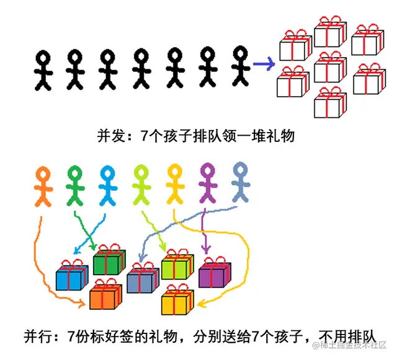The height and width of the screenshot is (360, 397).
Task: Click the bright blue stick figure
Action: pyautogui.click(x=108, y=185)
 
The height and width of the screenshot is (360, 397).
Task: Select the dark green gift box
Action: pyautogui.click(x=109, y=262)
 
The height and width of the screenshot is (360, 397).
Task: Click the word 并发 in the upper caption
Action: pyautogui.click(x=111, y=134)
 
